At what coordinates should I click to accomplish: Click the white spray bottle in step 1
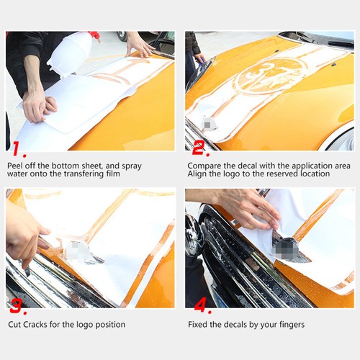pyautogui.click(x=71, y=53)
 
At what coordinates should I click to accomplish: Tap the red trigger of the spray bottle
pyautogui.click(x=94, y=35)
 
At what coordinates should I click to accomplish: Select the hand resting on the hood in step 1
pyautogui.click(x=138, y=45)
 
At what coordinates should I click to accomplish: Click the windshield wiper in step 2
pyautogui.click(x=317, y=39)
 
